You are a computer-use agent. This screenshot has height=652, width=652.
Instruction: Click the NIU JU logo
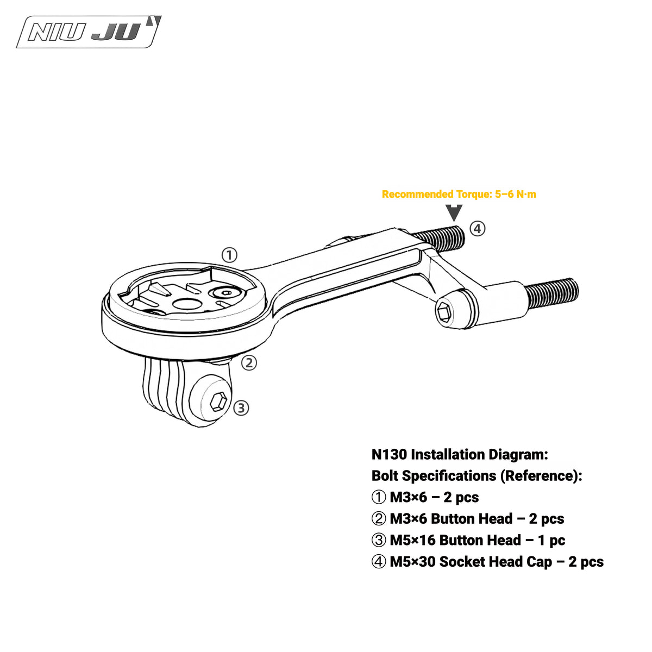(89, 32)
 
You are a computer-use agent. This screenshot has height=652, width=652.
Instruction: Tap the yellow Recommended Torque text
(459, 194)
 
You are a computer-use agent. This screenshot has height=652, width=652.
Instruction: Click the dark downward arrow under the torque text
(454, 213)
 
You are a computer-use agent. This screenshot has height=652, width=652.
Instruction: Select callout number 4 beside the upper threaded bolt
(477, 229)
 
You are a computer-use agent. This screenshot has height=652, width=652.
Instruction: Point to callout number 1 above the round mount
(229, 255)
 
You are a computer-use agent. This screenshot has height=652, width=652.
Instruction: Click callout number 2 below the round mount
(249, 363)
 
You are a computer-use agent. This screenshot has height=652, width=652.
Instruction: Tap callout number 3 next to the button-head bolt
(241, 408)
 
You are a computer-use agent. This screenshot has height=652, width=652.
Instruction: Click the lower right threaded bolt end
(551, 294)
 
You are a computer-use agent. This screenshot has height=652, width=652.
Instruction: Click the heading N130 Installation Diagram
(460, 454)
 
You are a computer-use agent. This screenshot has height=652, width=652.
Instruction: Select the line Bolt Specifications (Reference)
(477, 476)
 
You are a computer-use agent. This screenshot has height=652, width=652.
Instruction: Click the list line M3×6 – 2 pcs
(425, 497)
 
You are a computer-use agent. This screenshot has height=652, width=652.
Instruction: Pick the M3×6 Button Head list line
(468, 519)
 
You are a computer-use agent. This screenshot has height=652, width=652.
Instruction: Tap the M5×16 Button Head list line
(468, 540)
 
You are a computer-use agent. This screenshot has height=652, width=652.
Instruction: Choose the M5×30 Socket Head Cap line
(487, 562)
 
